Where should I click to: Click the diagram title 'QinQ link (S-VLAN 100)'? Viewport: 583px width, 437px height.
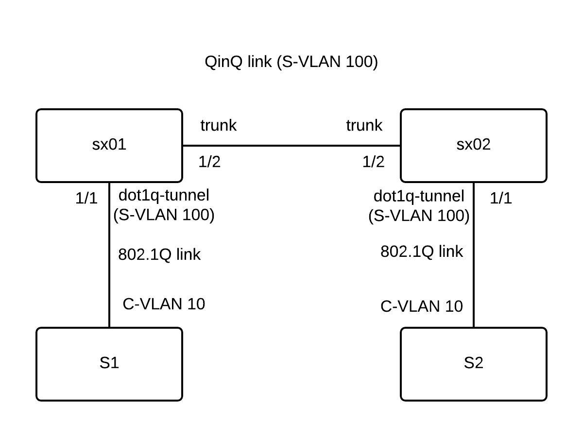tap(291, 62)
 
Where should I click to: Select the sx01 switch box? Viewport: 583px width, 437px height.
tap(109, 145)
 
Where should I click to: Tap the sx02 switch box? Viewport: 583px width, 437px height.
tap(473, 145)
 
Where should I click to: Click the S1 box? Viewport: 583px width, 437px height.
tap(109, 364)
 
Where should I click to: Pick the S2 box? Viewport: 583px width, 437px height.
tap(473, 364)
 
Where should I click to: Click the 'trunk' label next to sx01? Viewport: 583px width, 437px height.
tap(218, 125)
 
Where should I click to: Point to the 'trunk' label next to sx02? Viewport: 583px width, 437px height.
tap(364, 125)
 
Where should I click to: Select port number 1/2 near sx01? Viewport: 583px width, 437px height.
tap(209, 162)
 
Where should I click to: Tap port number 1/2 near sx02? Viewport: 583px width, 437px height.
tap(373, 162)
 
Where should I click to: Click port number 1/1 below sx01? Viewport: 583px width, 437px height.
tap(86, 198)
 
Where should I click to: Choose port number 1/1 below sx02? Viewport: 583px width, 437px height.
tap(500, 198)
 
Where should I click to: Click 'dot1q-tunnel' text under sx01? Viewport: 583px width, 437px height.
tap(164, 195)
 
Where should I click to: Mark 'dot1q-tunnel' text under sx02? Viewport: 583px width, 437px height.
tap(419, 196)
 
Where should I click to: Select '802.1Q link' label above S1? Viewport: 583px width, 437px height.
tap(159, 254)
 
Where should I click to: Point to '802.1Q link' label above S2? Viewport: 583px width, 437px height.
tap(421, 252)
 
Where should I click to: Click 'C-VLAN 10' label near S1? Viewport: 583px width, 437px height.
tap(164, 304)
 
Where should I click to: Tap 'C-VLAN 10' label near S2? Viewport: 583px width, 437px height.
tap(421, 306)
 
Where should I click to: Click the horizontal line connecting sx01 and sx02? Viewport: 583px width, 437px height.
tap(291, 145)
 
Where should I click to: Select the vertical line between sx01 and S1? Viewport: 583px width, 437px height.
tap(109, 272)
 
